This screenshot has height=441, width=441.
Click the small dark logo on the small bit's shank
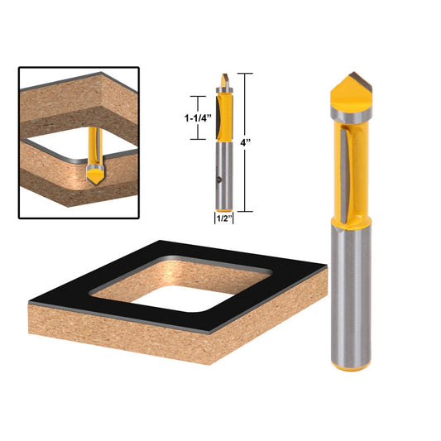coord(216,175)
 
